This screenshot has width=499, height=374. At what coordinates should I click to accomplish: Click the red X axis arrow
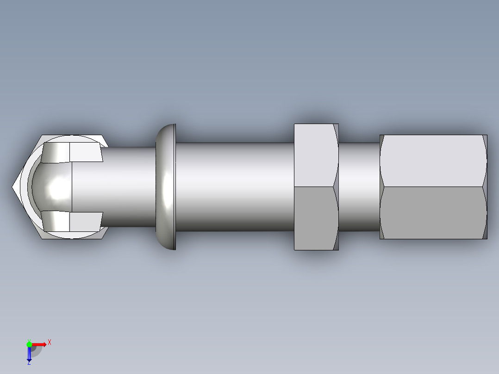[39, 344]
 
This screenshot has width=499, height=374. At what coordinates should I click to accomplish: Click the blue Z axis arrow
[29, 354]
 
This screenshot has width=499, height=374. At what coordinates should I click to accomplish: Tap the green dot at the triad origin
[29, 344]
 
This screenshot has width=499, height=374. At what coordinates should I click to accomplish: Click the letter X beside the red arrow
[49, 343]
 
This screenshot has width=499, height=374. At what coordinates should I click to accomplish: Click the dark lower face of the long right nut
[430, 213]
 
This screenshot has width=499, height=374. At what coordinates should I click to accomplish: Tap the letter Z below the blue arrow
[29, 363]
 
